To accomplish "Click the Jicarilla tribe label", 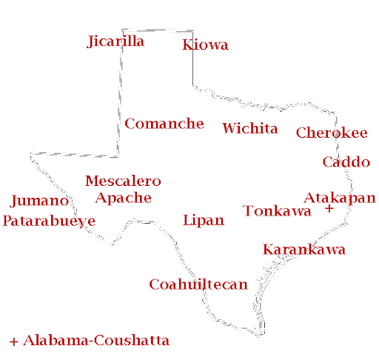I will [x=116, y=41].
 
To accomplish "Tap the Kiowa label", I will [x=205, y=46].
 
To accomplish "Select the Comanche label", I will [x=164, y=124].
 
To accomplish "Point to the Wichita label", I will [x=249, y=129].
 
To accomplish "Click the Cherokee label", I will [x=331, y=133].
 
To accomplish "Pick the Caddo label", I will [x=346, y=162].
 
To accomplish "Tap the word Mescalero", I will [x=123, y=181].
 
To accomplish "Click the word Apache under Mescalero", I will [x=123, y=198].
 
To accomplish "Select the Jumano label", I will [x=40, y=201].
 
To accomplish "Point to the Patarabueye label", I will [x=49, y=221].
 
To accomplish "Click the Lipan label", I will [x=203, y=221].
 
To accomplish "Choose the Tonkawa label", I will [x=277, y=212].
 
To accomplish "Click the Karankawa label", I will [x=303, y=250].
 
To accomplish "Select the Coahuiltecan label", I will [x=198, y=284].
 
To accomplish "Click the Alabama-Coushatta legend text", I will [x=96, y=341].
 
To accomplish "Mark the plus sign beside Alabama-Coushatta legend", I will [x=13, y=341].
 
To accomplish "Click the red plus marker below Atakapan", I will [x=329, y=210].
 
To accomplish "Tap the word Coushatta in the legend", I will [x=130, y=341].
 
